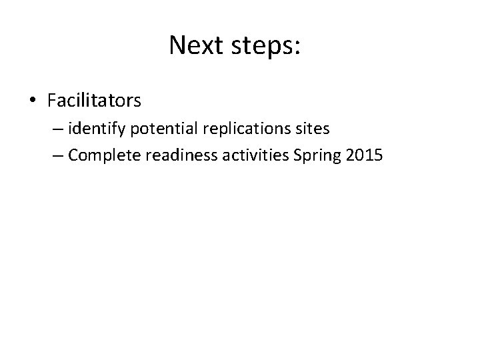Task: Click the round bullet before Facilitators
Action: coord(33,101)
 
